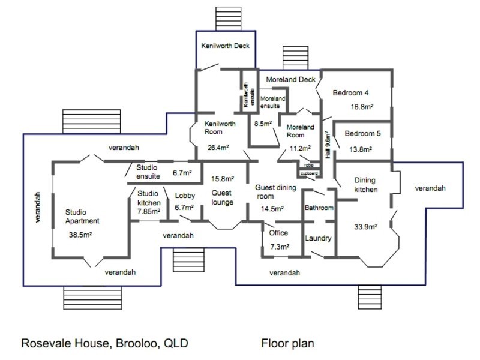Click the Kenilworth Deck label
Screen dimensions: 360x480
pos(225,46)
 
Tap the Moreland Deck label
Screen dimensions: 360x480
pos(291,79)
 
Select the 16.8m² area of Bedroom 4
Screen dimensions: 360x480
pos(362,107)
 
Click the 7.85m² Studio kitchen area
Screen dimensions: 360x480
pos(148,211)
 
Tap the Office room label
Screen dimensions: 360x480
pos(278,233)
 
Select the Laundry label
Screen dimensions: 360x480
pos(318,238)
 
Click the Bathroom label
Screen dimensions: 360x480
pos(319,208)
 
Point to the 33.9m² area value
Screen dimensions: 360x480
pos(365,227)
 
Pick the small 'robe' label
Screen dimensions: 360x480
pos(308,165)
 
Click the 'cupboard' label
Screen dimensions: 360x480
pos(309,173)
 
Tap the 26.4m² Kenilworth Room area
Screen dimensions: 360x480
pos(219,147)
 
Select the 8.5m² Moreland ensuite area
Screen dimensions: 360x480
pos(263,124)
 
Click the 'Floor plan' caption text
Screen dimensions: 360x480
pos(287,344)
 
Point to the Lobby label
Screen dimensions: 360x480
pos(185,196)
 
